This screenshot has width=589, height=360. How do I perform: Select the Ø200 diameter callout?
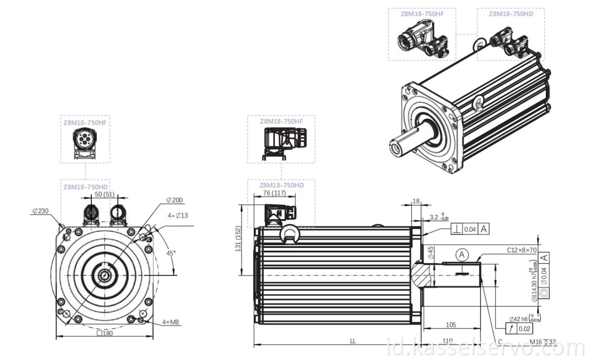[x=175, y=200]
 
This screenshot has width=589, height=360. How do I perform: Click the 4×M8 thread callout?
[x=170, y=322]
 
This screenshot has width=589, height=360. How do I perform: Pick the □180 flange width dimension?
[x=105, y=333]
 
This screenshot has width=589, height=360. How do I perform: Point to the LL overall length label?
[x=352, y=340]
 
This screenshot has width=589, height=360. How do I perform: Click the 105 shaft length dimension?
[x=451, y=325]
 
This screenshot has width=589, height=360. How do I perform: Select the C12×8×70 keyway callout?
[x=522, y=249]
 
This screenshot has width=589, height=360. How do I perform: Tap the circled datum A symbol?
[x=461, y=254]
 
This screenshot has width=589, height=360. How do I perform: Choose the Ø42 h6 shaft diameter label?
[x=521, y=318]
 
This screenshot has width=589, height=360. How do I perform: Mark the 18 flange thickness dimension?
[x=416, y=201]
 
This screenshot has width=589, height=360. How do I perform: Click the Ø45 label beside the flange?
[x=430, y=252]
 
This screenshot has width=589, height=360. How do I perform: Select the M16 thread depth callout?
[x=542, y=342]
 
